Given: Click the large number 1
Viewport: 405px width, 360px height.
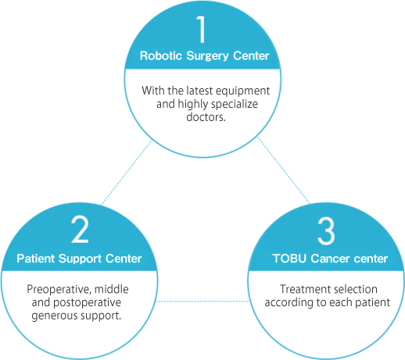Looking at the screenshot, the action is click(x=201, y=29).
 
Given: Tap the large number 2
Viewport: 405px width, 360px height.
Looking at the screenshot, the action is click(x=80, y=230).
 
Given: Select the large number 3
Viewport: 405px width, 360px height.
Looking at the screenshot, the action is click(x=326, y=231).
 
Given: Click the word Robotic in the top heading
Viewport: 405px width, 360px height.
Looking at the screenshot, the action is click(x=161, y=55).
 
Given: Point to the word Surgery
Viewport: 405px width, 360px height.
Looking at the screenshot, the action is click(x=207, y=56).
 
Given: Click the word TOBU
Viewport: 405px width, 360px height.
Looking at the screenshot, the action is click(x=289, y=258).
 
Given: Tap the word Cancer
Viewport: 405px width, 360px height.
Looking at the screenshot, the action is click(x=330, y=258).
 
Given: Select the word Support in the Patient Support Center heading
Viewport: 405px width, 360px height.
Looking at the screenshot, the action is click(x=80, y=259).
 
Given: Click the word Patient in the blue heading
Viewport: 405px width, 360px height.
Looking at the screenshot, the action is click(x=36, y=258).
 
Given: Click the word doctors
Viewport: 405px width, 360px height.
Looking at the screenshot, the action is click(x=206, y=117).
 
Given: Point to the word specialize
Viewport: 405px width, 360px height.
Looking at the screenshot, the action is click(x=235, y=105).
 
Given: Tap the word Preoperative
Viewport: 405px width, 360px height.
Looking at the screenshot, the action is click(x=59, y=290).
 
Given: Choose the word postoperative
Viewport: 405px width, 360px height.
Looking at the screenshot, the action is click(x=87, y=303).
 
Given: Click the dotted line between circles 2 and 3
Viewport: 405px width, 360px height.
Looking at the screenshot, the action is click(x=202, y=301).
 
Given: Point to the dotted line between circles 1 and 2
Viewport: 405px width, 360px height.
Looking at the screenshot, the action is click(x=127, y=173).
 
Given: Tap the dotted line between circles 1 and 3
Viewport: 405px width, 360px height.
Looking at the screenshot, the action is click(x=284, y=170).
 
